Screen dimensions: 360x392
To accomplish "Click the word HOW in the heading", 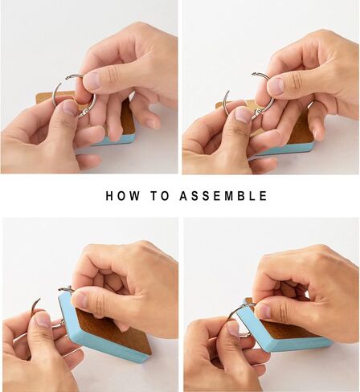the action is click(x=123, y=196).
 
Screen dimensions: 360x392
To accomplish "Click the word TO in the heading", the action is click(x=160, y=196).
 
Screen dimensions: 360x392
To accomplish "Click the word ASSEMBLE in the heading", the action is click(x=223, y=196).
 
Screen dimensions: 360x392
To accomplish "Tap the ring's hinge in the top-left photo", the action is click(x=84, y=113).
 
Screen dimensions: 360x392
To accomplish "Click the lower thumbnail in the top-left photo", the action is click(x=70, y=108).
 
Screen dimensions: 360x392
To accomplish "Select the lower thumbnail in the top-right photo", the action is click(x=243, y=114).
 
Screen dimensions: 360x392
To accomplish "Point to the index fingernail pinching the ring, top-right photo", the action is click(x=276, y=86).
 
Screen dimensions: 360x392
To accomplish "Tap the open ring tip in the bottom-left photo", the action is click(x=39, y=299).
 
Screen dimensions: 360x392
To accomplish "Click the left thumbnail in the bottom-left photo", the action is click(x=43, y=320).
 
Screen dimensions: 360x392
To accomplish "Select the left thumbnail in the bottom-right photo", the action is click(x=233, y=329).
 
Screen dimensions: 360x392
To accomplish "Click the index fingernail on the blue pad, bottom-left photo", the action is click(x=81, y=300).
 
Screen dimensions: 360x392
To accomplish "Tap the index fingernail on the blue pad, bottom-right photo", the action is click(x=264, y=311).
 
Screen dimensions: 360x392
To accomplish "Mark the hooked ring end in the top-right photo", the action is click(x=254, y=74).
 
